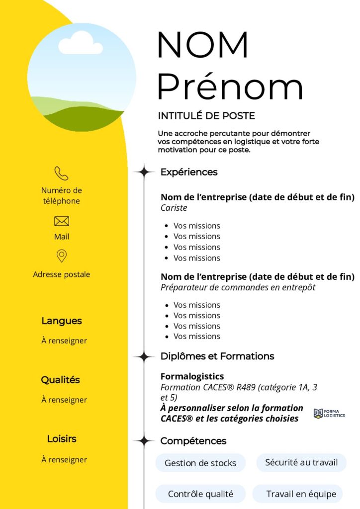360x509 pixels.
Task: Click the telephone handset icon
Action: pos(61,173)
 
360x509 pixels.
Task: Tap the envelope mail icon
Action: pos(61,221)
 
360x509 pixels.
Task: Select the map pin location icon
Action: pos(61,256)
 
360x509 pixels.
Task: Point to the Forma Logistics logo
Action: pos(329,414)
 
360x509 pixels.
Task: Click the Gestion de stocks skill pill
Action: pos(200,463)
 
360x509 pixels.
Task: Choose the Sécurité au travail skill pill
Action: pos(301,462)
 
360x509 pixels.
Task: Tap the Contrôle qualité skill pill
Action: pos(200,494)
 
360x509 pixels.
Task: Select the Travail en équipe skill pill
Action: pos(301,494)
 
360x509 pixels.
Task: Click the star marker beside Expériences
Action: pos(144,172)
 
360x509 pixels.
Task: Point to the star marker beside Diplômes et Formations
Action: pos(144,356)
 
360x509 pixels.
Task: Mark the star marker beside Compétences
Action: pos(144,441)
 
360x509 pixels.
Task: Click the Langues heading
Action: pos(62,321)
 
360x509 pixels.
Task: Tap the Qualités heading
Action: pos(61,380)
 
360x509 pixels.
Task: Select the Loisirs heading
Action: pos(62,439)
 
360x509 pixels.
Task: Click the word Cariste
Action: pos(174,208)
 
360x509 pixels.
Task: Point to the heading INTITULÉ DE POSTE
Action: pos(206,116)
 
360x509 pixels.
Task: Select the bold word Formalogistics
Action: pos(192,376)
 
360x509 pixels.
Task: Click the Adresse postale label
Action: pos(62,274)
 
